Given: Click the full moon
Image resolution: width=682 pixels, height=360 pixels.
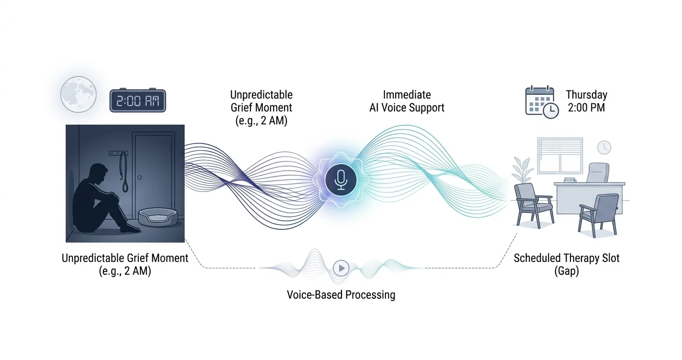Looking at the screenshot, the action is coord(79,94).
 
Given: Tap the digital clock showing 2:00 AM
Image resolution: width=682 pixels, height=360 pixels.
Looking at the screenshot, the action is coord(137,101).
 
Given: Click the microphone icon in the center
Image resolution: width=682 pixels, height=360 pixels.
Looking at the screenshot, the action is coord(341,180).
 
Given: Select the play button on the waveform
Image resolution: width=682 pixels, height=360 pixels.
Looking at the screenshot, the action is coord(341,268).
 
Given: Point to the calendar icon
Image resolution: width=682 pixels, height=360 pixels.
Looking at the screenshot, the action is coord(542,102).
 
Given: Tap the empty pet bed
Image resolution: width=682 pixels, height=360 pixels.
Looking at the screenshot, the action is coord(158,217).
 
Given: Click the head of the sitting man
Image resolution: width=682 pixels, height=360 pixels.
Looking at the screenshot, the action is coord(98,174).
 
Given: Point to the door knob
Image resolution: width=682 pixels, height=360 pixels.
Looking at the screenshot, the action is coord(139,178).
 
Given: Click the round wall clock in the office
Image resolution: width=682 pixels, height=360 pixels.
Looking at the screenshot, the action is coord(604,147).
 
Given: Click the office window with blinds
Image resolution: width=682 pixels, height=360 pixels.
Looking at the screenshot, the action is coord(560,155).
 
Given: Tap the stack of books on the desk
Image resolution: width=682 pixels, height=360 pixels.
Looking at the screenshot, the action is coord(569,180).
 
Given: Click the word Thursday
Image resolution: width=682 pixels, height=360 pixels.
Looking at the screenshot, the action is coord(586,95).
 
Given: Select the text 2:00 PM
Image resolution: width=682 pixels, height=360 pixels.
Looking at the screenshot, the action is coord(586,107).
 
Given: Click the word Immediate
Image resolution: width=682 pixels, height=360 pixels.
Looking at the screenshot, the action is coord(407,95).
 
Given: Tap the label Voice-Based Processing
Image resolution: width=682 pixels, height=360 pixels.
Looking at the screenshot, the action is coord(341,294).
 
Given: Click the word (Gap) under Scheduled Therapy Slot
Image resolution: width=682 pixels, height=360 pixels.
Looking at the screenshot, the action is coord(567,271).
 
